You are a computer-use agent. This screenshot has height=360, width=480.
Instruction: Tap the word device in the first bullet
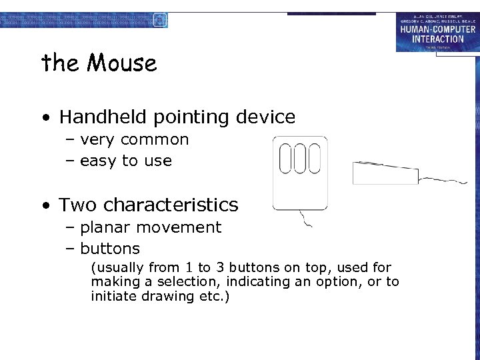265,117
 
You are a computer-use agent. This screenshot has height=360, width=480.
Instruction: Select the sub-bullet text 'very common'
134,140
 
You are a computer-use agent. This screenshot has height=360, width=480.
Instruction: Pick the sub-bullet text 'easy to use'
125,161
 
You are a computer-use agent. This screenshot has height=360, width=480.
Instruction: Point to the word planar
104,227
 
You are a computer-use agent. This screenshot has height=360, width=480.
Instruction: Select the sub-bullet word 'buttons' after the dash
110,249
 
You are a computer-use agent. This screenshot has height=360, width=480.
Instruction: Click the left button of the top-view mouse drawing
286,159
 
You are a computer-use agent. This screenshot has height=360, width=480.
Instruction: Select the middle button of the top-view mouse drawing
300,159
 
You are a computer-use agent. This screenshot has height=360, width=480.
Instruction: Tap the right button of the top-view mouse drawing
314,159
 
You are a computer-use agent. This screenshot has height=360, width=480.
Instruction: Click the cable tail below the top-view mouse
305,219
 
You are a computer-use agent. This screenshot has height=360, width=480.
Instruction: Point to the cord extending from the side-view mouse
443,179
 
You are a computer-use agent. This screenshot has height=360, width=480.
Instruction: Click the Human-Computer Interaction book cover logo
437,32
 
